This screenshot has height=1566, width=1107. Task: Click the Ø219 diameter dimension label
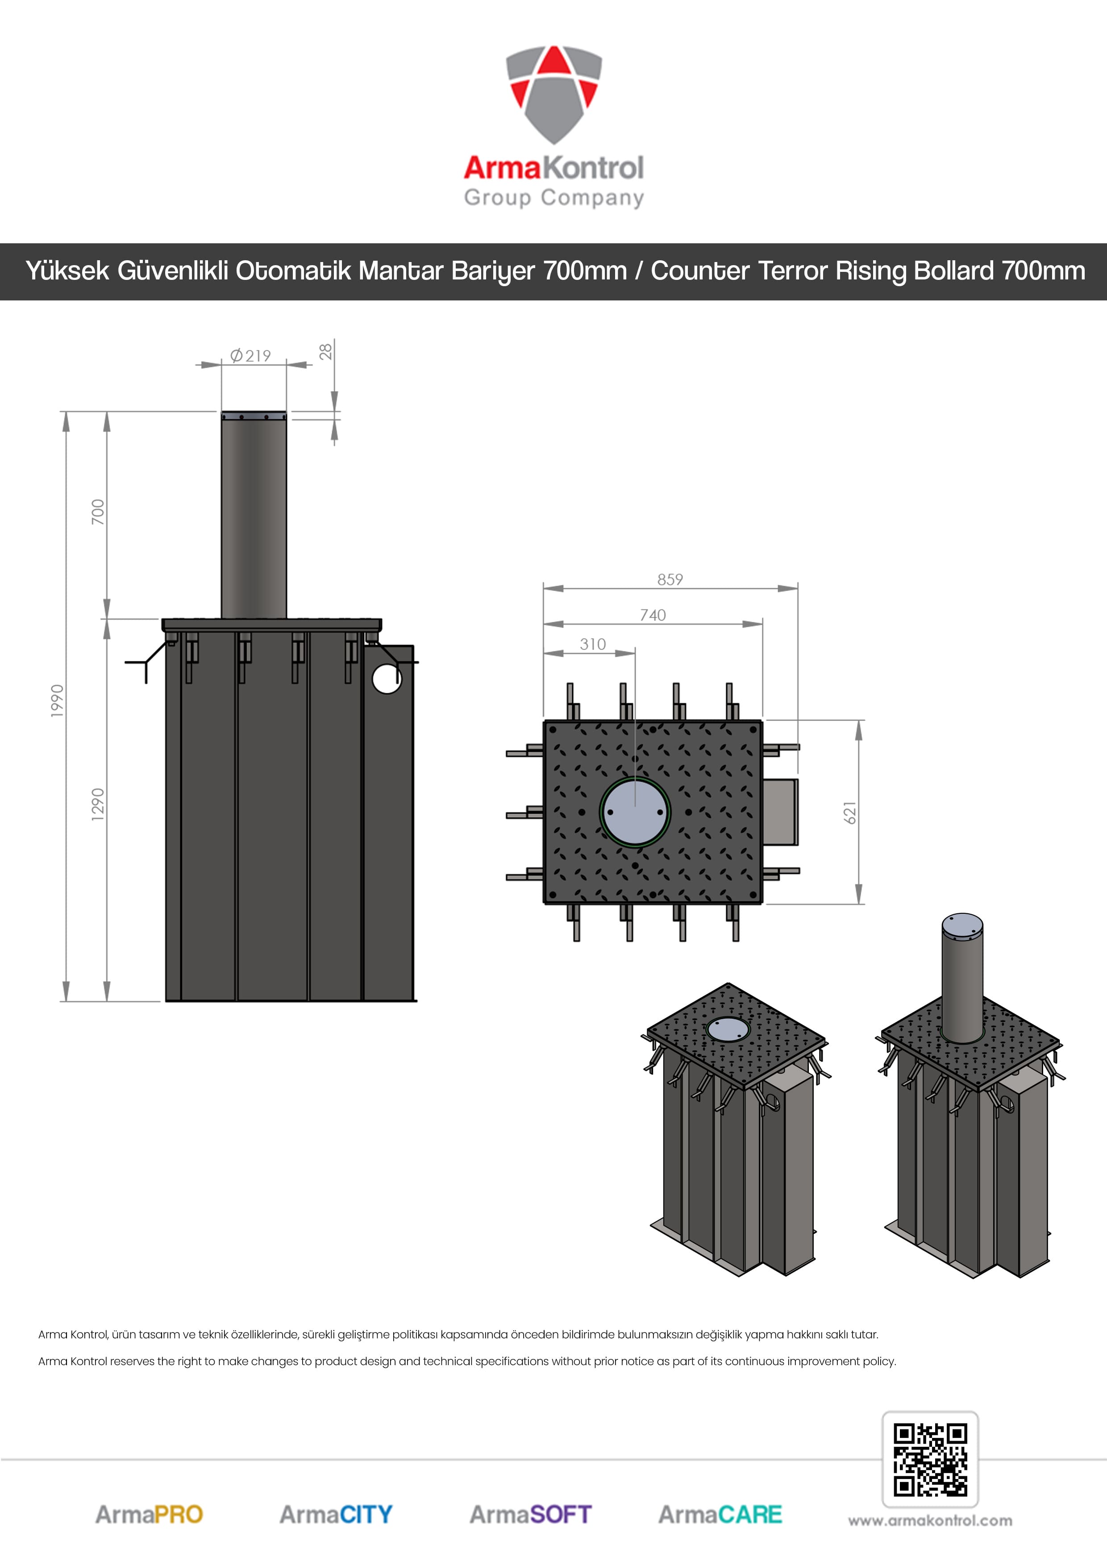(x=250, y=355)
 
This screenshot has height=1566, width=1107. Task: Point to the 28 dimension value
(x=326, y=351)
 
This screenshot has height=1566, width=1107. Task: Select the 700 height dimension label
(x=98, y=512)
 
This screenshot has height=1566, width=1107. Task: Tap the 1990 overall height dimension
(x=57, y=700)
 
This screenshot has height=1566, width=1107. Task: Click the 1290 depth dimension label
(x=98, y=804)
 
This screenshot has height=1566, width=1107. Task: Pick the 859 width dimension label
(x=670, y=579)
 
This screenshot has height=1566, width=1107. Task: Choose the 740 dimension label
(x=653, y=615)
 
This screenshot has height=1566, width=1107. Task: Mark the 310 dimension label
(x=593, y=644)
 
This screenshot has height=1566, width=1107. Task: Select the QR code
(x=930, y=1460)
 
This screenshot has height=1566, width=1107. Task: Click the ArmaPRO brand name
(x=149, y=1515)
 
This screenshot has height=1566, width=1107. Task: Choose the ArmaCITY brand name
(x=336, y=1515)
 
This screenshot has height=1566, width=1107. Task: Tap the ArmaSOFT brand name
(x=531, y=1515)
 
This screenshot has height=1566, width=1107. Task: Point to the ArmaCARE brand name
(x=720, y=1515)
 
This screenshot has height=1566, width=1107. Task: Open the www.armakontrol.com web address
(x=930, y=1521)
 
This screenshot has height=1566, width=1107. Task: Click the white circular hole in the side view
(x=387, y=679)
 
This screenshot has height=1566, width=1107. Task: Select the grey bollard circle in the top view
(x=635, y=812)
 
